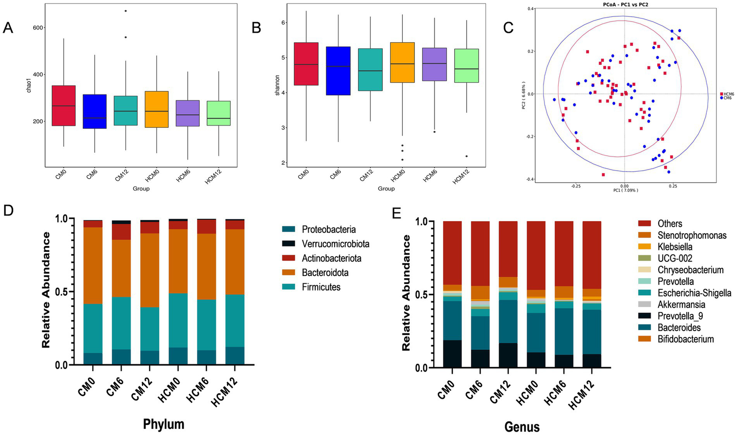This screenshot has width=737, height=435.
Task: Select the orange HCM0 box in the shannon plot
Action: (x=403, y=62)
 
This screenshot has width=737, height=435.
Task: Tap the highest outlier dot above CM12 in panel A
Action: (x=126, y=11)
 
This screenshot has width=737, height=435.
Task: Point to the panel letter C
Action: (x=508, y=28)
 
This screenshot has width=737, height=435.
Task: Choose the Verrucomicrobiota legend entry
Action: (x=335, y=244)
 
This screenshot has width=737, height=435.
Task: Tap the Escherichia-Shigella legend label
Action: (x=694, y=293)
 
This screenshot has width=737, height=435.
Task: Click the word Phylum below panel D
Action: (x=164, y=424)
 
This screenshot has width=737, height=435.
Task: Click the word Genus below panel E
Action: (x=522, y=426)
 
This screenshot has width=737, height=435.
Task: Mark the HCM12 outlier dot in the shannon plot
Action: (x=466, y=156)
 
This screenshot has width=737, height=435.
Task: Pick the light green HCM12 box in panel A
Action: (x=218, y=113)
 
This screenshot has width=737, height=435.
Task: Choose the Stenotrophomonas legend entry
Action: (x=691, y=235)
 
